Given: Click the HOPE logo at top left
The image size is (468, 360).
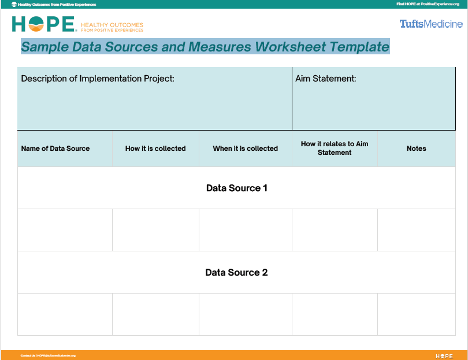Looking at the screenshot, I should [44, 24].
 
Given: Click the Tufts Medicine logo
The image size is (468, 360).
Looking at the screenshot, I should [431, 24].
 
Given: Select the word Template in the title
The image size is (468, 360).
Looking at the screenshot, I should [359, 47].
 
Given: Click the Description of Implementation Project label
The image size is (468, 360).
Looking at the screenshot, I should [98, 79].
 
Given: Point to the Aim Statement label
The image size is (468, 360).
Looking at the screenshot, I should [326, 79].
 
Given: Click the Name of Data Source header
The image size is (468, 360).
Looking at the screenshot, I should [55, 149].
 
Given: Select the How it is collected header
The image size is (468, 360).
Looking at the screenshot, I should [155, 149].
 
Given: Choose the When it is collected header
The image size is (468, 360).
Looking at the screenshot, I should [245, 149].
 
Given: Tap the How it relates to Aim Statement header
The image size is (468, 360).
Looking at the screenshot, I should [335, 148].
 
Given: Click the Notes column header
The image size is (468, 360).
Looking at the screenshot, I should [416, 149].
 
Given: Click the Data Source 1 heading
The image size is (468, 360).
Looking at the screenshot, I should [236, 188].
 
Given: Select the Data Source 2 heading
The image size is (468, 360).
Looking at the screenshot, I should [236, 272].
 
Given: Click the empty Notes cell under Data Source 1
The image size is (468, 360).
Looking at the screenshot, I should [416, 230].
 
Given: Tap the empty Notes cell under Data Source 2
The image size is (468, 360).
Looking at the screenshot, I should [416, 314].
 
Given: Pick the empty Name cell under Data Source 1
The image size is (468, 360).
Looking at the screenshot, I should [65, 230].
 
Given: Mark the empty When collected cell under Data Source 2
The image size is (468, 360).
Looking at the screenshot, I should [245, 314].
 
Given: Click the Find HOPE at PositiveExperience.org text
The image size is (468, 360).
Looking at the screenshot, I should [428, 4].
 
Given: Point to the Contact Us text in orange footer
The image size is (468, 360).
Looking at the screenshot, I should [48, 355].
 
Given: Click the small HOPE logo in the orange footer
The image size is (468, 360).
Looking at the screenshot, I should [444, 355].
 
